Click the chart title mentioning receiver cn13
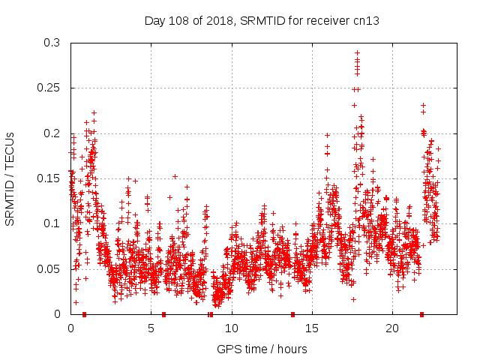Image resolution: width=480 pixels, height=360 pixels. point(261,21)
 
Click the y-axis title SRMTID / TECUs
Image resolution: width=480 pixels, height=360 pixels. point(10,178)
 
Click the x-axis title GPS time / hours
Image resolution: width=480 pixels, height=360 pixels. point(262,349)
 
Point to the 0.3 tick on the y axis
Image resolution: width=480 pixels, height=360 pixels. point(52,43)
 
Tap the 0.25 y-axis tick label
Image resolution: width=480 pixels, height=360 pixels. point(49,88)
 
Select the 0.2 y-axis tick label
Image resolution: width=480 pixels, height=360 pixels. point(52,133)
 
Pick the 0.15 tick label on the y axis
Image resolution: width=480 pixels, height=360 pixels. point(49,178)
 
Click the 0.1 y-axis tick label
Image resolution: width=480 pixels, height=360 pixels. point(52,223)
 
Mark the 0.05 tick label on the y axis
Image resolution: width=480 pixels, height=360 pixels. point(49,268)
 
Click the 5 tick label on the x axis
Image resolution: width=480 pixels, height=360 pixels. point(151,328)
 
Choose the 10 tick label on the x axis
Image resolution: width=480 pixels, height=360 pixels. point(232,328)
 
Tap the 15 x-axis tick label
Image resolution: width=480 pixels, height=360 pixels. point(312,328)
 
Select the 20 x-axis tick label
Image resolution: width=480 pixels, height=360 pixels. point(392,328)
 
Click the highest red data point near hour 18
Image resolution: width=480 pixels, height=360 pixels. point(357,53)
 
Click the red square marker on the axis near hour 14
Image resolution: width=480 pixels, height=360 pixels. point(292,314)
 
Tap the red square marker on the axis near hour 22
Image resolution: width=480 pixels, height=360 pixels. point(421,314)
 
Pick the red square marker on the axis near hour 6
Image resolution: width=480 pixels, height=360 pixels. point(163,314)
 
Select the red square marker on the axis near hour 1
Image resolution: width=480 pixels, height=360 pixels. point(84,314)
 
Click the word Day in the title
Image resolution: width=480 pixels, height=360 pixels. point(154,21)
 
